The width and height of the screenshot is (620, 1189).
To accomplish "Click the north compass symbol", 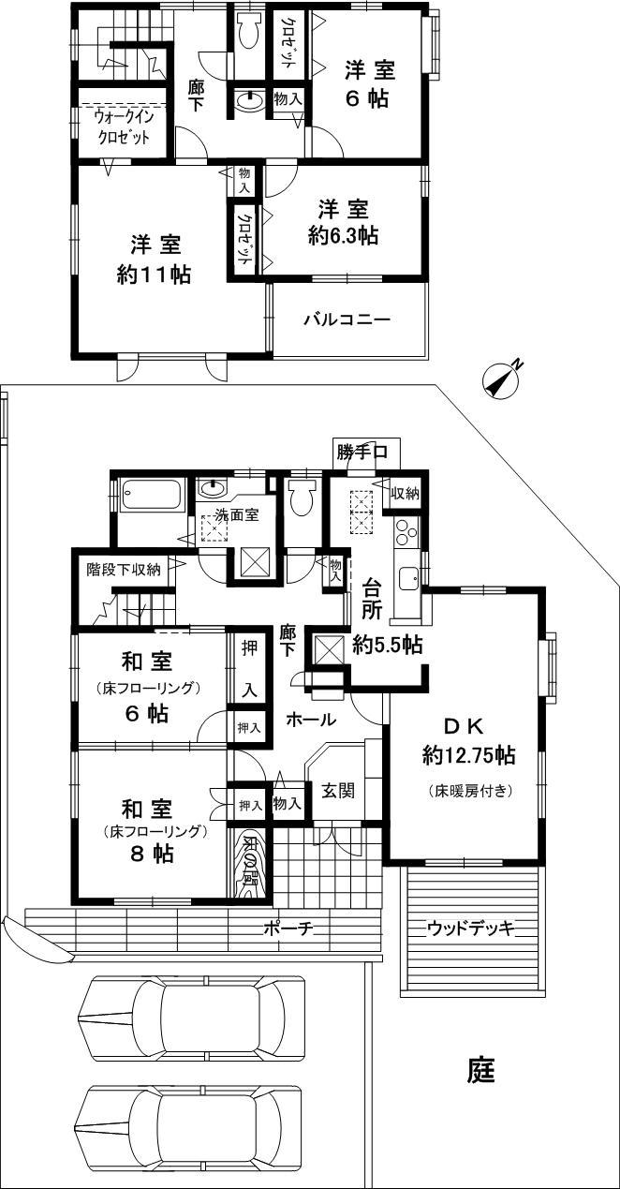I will [504, 379].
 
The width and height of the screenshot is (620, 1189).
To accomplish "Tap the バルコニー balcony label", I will [347, 320].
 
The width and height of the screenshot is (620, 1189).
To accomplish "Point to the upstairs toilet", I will [249, 36].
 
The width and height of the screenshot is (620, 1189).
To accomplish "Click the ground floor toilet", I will [302, 498].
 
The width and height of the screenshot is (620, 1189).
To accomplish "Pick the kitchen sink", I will [409, 577].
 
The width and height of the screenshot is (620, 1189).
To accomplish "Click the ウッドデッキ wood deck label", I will [472, 928].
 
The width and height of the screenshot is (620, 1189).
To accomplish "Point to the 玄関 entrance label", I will [338, 790].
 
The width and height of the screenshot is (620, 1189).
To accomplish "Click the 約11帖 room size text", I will [155, 275].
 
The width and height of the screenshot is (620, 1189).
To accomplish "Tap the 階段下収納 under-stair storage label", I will [124, 569].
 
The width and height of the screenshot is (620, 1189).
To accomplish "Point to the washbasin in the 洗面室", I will [214, 488].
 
